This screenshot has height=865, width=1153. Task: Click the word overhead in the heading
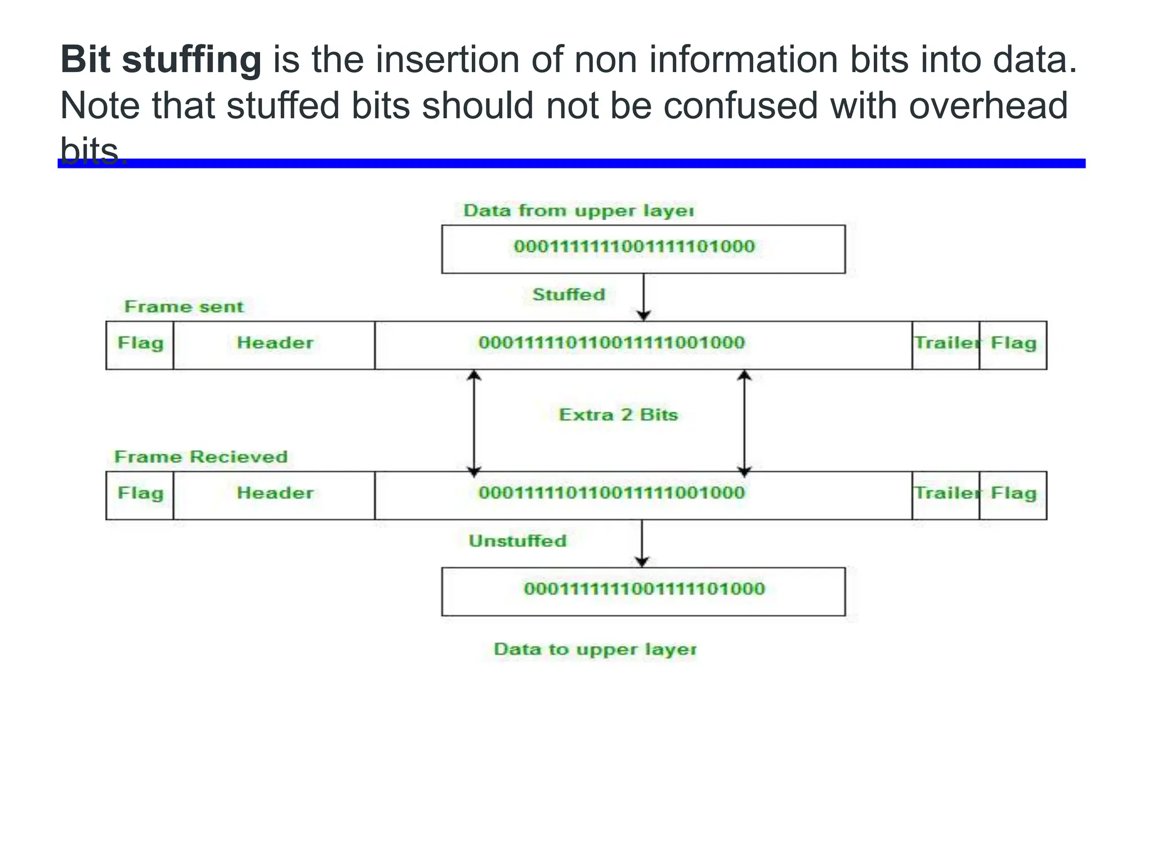[988, 106]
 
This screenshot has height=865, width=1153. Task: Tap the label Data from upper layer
[578, 211]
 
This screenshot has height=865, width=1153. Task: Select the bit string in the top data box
[634, 247]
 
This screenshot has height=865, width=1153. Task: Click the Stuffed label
[569, 295]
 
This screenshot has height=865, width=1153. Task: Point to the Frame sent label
[184, 307]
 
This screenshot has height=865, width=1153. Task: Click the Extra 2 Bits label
[618, 415]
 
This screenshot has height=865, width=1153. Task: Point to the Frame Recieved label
[201, 457]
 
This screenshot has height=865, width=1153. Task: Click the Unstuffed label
[517, 541]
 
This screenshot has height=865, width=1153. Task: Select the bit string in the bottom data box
[644, 589]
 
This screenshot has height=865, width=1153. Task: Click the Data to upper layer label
[595, 649]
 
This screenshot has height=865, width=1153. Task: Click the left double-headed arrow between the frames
[474, 422]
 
